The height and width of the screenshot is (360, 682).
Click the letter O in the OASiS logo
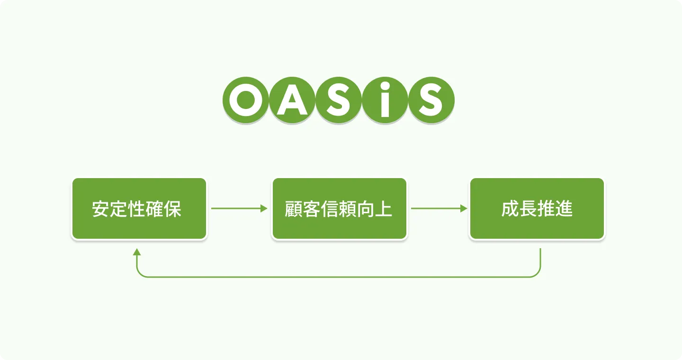(245, 100)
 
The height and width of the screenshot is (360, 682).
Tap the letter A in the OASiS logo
(292, 100)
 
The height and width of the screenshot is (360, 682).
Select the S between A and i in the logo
(338, 100)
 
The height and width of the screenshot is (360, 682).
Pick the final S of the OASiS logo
(431, 100)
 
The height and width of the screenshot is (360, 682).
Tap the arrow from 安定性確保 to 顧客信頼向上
(239, 208)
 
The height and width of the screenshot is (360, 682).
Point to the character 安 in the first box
(101, 209)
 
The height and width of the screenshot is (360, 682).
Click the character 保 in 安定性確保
(173, 209)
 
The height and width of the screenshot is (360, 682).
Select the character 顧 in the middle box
(294, 209)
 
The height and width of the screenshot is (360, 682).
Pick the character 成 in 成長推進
(510, 209)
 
